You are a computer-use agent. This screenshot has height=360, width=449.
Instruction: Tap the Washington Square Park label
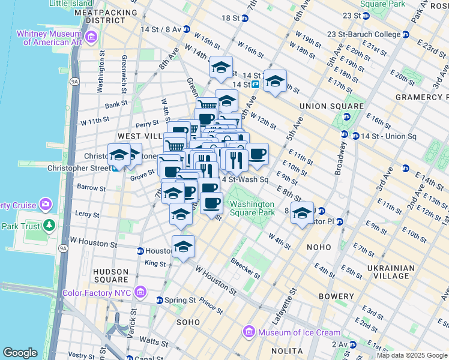click(x=253, y=208)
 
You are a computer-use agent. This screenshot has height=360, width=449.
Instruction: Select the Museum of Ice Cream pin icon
click(x=248, y=332)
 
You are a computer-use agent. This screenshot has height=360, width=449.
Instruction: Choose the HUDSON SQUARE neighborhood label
click(x=110, y=275)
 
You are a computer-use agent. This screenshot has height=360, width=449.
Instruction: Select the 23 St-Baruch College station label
click(x=367, y=34)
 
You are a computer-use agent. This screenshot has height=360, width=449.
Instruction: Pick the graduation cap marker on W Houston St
click(x=184, y=246)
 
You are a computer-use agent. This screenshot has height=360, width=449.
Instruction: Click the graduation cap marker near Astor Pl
click(x=303, y=212)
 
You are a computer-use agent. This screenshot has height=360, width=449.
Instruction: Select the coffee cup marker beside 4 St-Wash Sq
click(x=257, y=154)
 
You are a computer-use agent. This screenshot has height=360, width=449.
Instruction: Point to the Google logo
click(x=20, y=352)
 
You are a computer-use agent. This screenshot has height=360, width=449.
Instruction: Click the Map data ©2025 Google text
click(x=411, y=355)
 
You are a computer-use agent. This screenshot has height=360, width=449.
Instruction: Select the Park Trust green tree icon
click(x=49, y=226)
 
